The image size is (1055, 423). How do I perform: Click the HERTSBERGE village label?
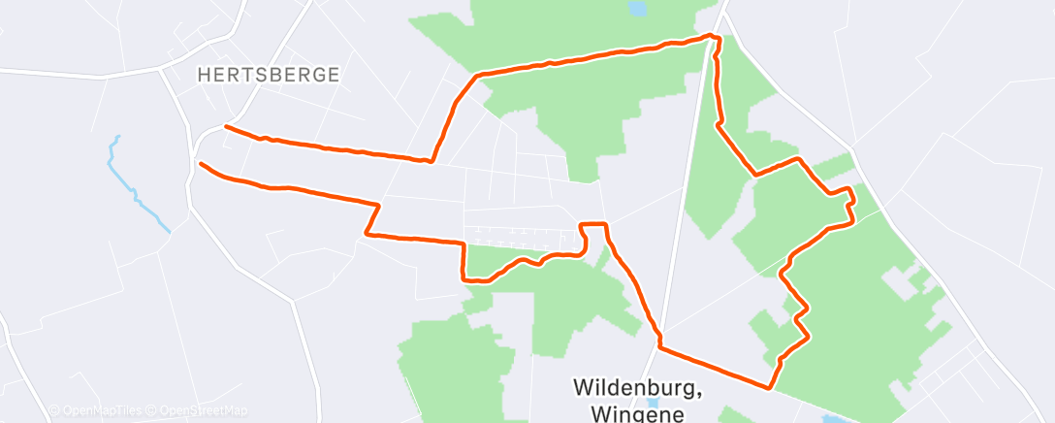pyautogui.click(x=268, y=75)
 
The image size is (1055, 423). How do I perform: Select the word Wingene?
pyautogui.click(x=636, y=412)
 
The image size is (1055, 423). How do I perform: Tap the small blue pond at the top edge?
pyautogui.click(x=637, y=9)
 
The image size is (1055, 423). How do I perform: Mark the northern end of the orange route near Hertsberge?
pyautogui.click(x=226, y=126)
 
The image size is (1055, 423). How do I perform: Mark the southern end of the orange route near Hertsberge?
pyautogui.click(x=201, y=164)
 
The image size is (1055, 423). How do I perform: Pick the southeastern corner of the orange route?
pyautogui.click(x=771, y=388)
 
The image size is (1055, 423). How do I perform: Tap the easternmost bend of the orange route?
pyautogui.click(x=852, y=206)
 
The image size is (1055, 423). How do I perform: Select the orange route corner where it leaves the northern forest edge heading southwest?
pyautogui.click(x=475, y=75)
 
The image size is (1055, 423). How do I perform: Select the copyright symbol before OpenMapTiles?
pyautogui.click(x=54, y=410)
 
